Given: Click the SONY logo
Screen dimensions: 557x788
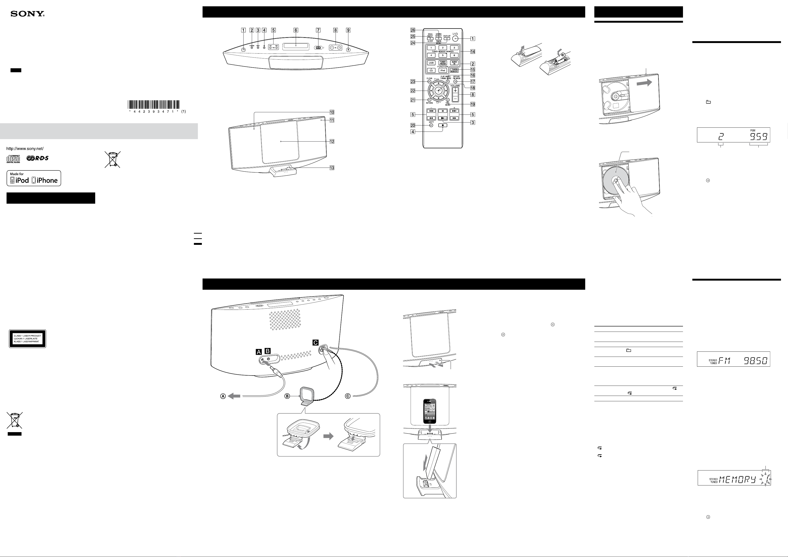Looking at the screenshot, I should tap(27, 14).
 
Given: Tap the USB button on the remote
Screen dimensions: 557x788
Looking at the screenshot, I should tap(431, 63).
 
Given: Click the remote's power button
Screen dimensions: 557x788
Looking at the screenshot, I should tap(455, 38).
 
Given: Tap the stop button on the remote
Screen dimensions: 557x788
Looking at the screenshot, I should tap(443, 126).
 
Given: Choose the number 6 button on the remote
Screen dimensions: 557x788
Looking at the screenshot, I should tap(454, 55).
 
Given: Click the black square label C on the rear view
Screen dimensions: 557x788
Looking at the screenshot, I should tap(315, 342).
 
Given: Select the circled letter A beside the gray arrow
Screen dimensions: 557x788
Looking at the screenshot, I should tap(223, 396).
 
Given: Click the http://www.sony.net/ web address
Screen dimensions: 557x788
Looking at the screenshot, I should tap(25, 148).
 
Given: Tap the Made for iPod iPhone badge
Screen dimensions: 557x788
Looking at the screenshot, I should tap(34, 178).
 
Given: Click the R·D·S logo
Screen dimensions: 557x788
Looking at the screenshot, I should tap(37, 158).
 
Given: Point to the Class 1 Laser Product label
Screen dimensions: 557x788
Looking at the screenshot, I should tap(27, 339).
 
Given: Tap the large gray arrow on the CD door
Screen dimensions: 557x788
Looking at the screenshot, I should tap(644, 83).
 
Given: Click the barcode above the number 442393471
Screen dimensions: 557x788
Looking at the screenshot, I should tap(154, 104).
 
